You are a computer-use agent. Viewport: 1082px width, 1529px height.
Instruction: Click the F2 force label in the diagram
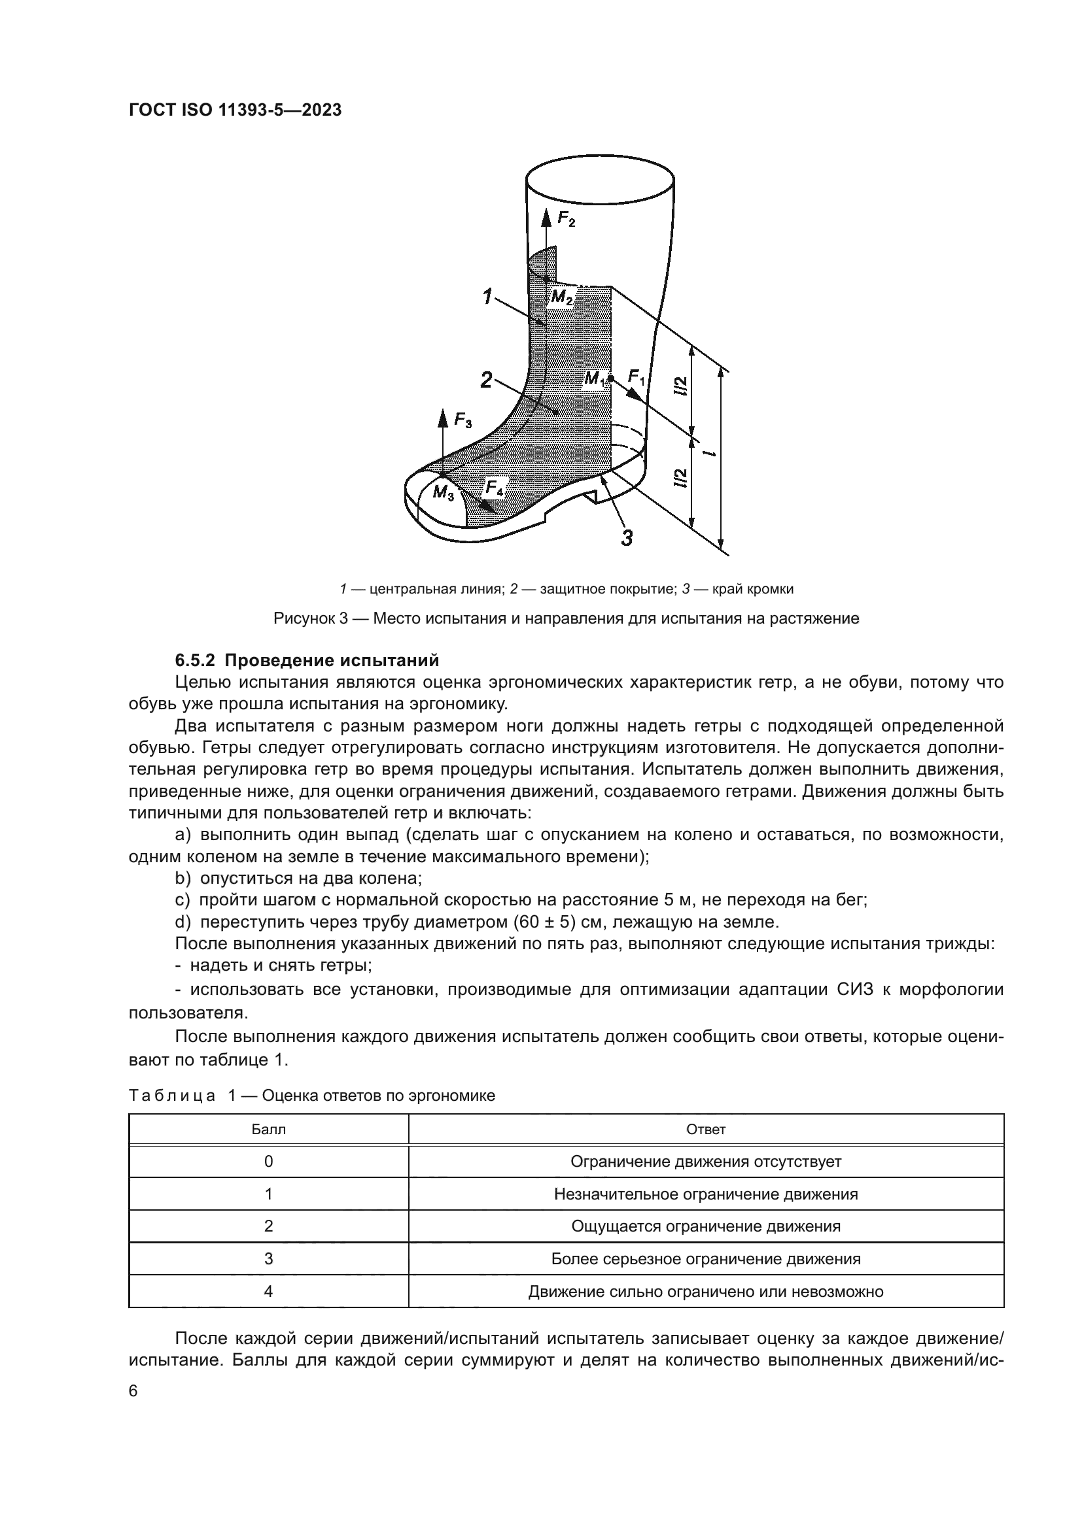[567, 219]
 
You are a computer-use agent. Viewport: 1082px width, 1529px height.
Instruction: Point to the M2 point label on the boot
[563, 297]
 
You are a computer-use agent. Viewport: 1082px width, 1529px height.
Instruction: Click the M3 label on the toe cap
[442, 493]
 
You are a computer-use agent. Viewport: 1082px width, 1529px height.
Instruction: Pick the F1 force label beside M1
[637, 378]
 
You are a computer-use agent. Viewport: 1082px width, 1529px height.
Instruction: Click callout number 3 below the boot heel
[626, 537]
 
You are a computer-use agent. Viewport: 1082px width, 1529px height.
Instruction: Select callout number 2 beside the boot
[486, 380]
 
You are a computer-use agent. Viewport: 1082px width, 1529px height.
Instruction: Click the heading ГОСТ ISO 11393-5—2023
[236, 110]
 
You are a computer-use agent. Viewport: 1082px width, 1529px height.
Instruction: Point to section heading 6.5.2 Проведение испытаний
[307, 661]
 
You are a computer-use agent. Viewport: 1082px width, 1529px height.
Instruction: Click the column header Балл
[268, 1130]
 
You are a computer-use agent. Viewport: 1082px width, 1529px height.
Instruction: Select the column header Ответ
[706, 1130]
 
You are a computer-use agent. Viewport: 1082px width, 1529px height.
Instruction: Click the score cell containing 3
[268, 1258]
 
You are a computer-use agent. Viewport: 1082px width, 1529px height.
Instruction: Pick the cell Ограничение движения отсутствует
[706, 1162]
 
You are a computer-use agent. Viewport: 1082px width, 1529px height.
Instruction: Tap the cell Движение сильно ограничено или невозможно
[706, 1291]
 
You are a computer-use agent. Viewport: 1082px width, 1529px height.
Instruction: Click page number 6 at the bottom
[133, 1392]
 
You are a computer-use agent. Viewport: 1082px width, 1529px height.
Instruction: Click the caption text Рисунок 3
[311, 618]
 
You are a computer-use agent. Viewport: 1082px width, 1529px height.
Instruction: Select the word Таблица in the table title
[172, 1096]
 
